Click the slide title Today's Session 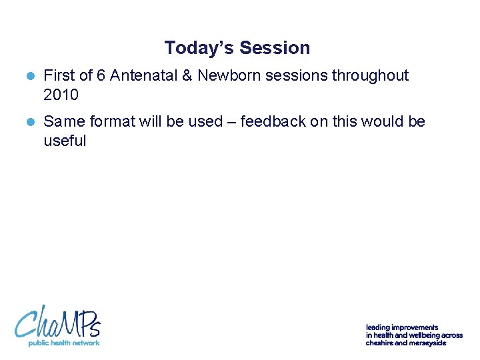pos(237,48)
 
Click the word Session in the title pos(275,48)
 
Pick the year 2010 pos(61,95)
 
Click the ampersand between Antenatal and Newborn pos(187,76)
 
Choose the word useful pos(65,141)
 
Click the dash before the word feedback pos(230,122)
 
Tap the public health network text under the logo pos(63,343)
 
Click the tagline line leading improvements pos(402,327)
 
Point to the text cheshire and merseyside pos(405,343)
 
